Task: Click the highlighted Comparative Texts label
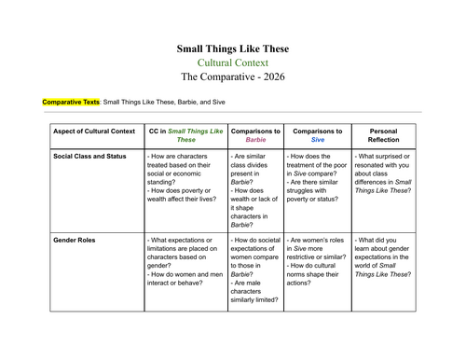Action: tap(72, 101)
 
